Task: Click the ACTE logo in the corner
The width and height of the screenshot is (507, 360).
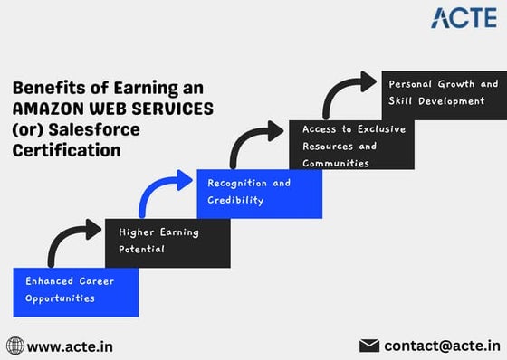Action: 464,17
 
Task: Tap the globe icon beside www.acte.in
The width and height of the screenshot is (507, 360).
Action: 15,346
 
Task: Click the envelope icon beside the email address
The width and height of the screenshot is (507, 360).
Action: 369,345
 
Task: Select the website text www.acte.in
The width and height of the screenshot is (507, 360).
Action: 70,346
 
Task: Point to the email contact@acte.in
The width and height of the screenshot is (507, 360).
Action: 442,345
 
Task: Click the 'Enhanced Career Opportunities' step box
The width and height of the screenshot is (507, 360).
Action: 76,289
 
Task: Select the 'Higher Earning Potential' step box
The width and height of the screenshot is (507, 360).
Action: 167,242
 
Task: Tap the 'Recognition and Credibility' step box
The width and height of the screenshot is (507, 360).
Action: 259,193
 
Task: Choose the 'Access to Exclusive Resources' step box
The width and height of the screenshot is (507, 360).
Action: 352,145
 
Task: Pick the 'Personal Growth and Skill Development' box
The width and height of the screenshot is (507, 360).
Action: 443,93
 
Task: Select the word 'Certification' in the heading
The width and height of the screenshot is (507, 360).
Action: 66,151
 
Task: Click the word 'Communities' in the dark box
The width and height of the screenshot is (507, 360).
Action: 335,164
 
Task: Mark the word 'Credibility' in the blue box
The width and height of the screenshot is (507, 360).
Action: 236,201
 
